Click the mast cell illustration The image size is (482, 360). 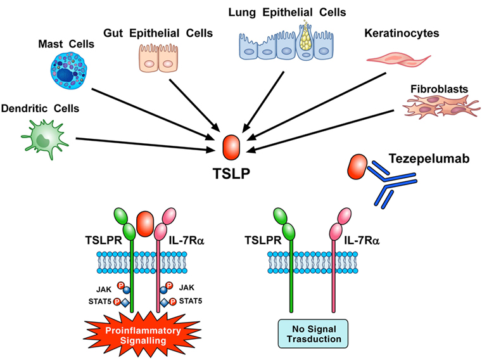point(69,70)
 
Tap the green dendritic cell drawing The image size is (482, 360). point(44,139)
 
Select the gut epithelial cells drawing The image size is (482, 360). point(158,58)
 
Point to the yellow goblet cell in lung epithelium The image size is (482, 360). point(305,40)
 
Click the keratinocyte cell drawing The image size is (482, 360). point(398,60)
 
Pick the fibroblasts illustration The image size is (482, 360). point(441,106)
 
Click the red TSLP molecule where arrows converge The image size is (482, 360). point(231,147)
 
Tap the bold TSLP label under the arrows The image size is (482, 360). point(231,174)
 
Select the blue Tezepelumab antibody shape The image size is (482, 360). point(391,183)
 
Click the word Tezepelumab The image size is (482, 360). point(429,159)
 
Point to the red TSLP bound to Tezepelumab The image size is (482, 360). point(357,167)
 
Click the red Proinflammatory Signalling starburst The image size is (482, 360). point(143,335)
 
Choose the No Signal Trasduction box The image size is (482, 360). point(314,334)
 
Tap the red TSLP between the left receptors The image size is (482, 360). point(145,224)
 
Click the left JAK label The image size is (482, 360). point(104,290)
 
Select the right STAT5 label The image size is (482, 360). point(191,301)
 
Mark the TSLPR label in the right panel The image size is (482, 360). point(263,240)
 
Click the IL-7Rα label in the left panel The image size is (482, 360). point(187,240)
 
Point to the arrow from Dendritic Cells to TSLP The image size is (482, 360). point(145,145)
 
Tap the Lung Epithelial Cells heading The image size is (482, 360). point(287,12)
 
